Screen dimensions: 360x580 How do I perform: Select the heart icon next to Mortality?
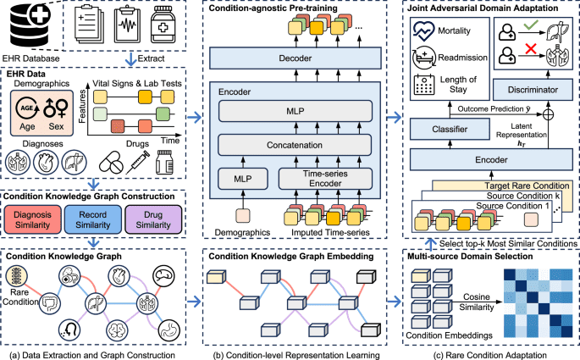click(x=423, y=30)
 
